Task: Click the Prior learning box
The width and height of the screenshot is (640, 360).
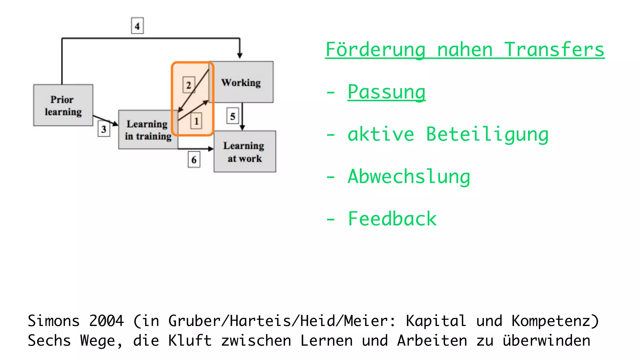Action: pos(63,105)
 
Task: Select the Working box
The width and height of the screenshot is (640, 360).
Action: pos(241,82)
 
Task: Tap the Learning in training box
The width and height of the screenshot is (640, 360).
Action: pos(148,130)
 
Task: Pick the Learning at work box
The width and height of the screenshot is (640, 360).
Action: pos(244,152)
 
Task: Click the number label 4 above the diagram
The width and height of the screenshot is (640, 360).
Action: pos(137,26)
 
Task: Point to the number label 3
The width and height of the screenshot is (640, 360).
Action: pos(104,129)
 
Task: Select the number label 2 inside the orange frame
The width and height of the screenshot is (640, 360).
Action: pos(188,85)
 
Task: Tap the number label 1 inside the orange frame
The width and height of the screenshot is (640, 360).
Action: pos(196,121)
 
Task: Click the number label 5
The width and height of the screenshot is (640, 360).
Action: pos(232,116)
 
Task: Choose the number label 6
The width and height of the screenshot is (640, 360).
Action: pos(194,160)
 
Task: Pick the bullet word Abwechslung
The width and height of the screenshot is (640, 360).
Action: pos(409,176)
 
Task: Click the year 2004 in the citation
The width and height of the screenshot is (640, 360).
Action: pos(107,321)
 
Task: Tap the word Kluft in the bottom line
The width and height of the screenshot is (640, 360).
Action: pos(190,341)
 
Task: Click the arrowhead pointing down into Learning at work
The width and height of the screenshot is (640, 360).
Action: pos(242,127)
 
